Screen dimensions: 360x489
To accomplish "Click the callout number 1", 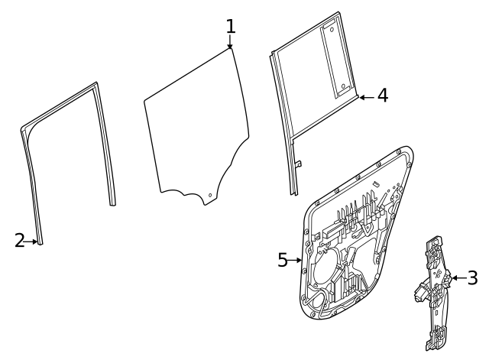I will pos(230,27).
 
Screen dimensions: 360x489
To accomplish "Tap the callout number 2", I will pos(20,241).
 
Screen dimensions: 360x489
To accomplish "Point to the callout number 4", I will pos(382,96).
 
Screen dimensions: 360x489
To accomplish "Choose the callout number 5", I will pos(283,261).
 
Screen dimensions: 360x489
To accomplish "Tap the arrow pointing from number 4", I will pos(365,97).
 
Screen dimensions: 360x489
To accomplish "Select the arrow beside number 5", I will pos(297,261).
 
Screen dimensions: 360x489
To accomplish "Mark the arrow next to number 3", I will pos(457,277).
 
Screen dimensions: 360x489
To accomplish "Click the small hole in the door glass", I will pos(209,195).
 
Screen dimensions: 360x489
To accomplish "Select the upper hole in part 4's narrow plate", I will pos(332,31).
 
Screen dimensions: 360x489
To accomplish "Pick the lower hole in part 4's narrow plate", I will pos(343,85).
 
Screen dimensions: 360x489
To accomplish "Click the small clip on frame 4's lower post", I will pos(300,163).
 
